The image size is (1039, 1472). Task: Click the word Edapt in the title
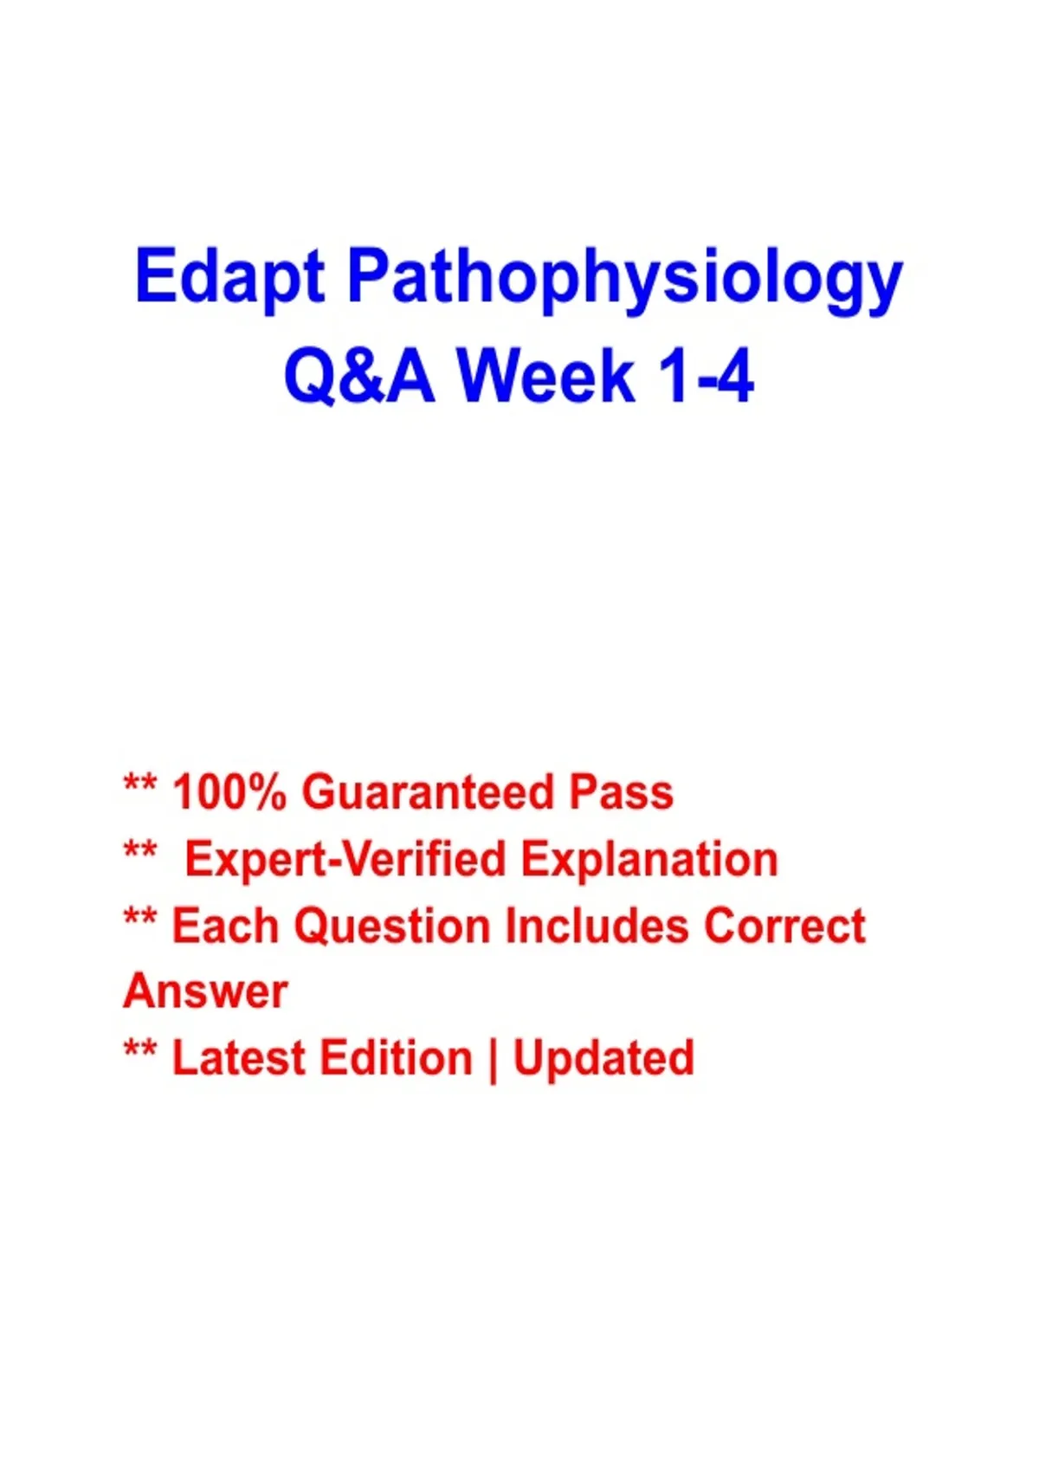[230, 276]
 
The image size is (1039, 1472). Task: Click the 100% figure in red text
[229, 792]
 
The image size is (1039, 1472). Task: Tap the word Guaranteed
[427, 792]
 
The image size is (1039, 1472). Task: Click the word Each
[225, 926]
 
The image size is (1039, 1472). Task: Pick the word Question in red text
[392, 927]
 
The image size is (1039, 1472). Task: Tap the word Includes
[597, 926]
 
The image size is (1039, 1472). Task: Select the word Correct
[784, 926]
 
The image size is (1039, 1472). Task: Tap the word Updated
[603, 1059]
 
